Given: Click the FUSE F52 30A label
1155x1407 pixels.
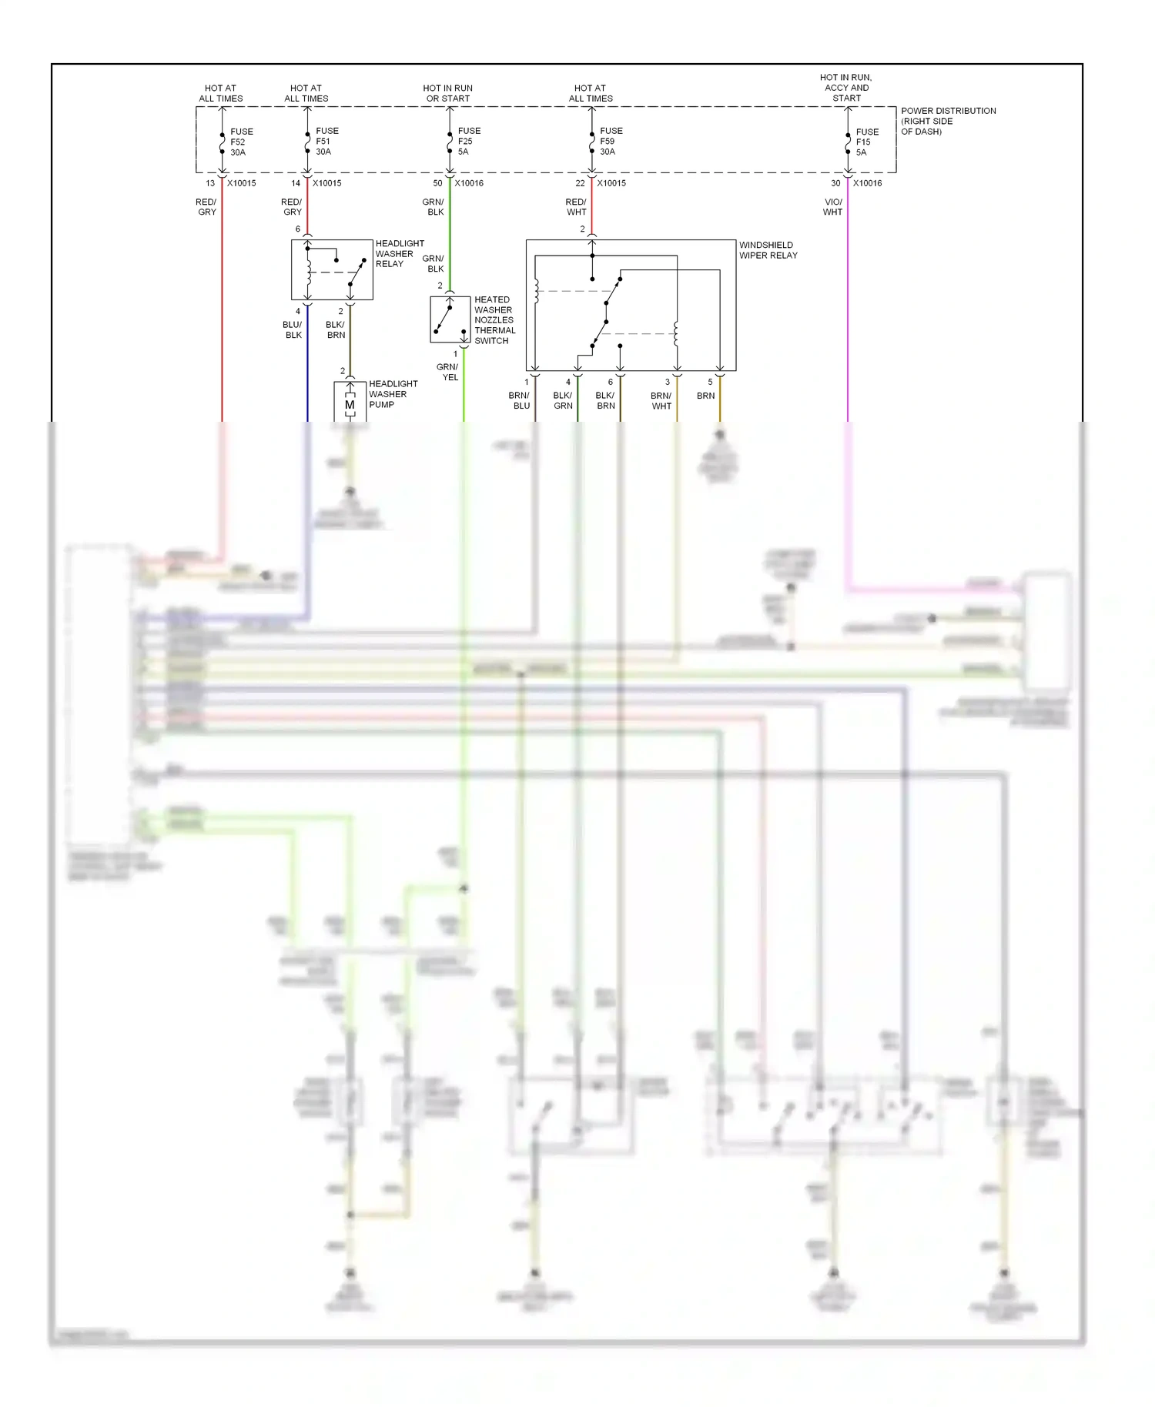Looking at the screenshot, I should point(241,142).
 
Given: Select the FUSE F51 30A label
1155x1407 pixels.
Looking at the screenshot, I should point(326,142).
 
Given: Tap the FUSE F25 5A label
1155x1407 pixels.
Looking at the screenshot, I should point(468,142).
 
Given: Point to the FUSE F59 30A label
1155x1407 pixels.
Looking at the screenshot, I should point(611,142).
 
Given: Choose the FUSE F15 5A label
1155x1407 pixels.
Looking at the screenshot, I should point(866,142).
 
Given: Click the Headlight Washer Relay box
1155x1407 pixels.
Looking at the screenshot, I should point(332,269).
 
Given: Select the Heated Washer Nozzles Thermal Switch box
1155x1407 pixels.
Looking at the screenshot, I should point(450,319).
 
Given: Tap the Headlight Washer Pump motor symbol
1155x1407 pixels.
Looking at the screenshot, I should point(350,404).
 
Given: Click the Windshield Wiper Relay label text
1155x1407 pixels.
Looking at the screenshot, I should point(768,250).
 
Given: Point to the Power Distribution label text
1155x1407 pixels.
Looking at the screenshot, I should point(948,121).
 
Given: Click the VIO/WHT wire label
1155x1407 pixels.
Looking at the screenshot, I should point(832,207).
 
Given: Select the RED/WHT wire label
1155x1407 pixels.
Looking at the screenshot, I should point(576,207).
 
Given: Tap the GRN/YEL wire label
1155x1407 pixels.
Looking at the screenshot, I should point(447,372).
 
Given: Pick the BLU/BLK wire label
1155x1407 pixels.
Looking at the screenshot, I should point(293,329).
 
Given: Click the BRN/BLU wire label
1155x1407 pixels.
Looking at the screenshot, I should point(520,400).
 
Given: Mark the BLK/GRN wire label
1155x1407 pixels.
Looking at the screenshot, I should point(563,400).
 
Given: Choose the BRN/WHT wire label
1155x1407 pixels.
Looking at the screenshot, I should point(661,400).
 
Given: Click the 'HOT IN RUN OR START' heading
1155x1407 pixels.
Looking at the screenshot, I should point(447,93).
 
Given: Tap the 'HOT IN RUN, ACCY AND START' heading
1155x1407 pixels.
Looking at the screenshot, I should point(845,88).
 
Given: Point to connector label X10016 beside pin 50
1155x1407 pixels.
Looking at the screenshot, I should point(468,183).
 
